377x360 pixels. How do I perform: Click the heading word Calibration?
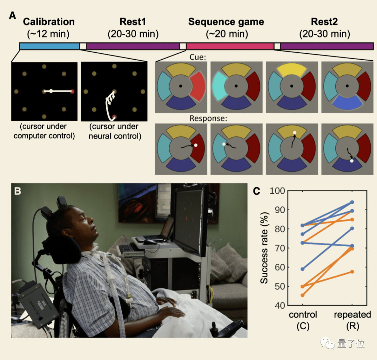click(x=49, y=22)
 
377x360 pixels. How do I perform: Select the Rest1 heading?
click(x=133, y=22)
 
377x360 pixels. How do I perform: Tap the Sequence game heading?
click(x=226, y=22)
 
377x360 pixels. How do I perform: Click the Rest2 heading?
click(x=325, y=22)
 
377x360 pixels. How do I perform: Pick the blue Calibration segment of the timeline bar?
click(x=49, y=46)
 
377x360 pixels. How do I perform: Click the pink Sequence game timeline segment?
click(x=230, y=46)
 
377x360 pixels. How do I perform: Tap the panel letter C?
click(x=257, y=191)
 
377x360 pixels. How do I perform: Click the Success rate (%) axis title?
click(x=264, y=248)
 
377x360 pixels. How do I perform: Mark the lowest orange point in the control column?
click(x=302, y=295)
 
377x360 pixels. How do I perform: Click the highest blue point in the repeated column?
click(x=352, y=202)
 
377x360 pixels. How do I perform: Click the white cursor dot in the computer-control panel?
click(x=51, y=91)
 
